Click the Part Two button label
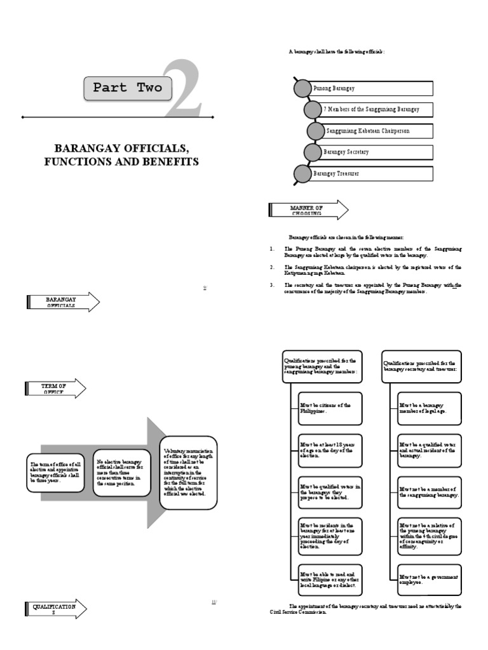point(127,88)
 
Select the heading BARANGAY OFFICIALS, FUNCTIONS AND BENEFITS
point(121,155)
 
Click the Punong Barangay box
point(371,88)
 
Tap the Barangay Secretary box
point(376,152)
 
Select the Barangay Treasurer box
point(371,173)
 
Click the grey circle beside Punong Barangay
point(302,88)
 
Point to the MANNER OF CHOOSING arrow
point(308,210)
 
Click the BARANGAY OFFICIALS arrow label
point(62,302)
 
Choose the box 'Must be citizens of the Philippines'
point(330,408)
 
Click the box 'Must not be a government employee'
point(429,580)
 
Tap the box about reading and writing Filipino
point(330,580)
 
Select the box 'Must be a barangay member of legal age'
point(429,408)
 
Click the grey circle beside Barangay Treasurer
point(302,173)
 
